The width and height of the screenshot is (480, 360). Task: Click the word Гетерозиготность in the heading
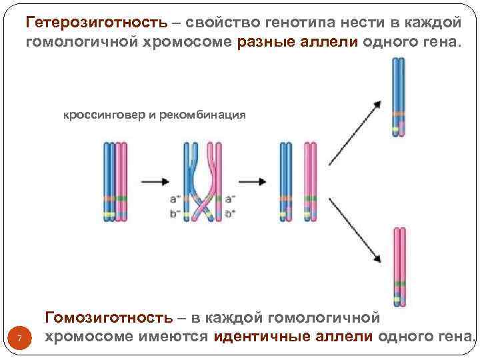point(96,22)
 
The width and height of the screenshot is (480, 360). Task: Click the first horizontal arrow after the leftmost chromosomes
point(153,181)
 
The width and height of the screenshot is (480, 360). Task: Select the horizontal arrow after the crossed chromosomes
point(252,181)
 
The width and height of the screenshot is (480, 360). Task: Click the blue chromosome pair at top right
point(398,97)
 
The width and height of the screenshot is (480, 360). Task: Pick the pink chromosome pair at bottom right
point(399,267)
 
